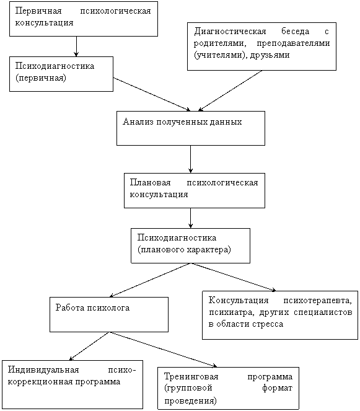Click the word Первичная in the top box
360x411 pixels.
coord(38,11)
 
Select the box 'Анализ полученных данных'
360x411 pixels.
coord(191,128)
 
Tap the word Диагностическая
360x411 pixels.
coord(230,32)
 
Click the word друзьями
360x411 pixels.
coord(270,55)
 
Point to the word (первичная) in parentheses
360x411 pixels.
coord(41,78)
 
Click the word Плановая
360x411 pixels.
coord(150,182)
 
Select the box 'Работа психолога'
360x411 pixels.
coord(109,314)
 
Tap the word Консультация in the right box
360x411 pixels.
coord(239,301)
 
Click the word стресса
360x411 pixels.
coord(268,324)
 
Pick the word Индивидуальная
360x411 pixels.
coord(43,370)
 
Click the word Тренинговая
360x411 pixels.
coord(191,377)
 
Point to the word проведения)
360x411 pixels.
coord(190,401)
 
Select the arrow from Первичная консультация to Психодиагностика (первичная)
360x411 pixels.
coord(76,46)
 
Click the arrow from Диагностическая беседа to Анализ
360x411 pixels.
coord(230,91)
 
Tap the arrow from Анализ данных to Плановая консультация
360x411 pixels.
coord(190,159)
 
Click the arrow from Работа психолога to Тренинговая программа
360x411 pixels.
coord(164,349)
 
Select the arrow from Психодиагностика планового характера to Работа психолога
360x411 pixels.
coord(149,280)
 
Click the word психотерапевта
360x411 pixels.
coord(317,301)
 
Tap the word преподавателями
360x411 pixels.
coord(293,43)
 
